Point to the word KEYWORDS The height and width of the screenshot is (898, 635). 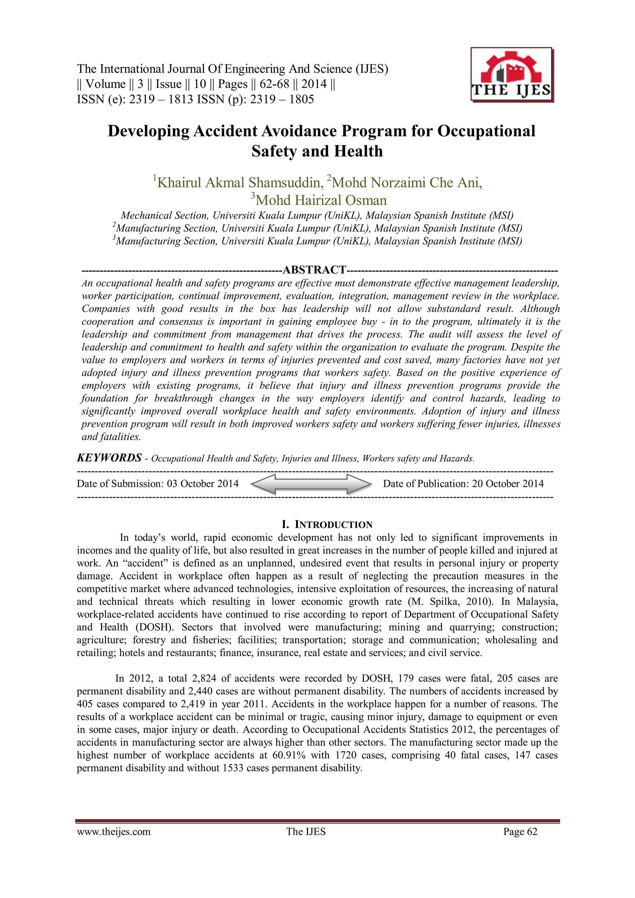109,458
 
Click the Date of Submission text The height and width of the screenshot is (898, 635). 158,484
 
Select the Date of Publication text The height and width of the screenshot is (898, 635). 463,484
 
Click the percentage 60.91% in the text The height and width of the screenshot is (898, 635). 289,755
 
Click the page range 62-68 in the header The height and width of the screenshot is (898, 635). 274,84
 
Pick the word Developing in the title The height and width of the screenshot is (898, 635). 148,131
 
